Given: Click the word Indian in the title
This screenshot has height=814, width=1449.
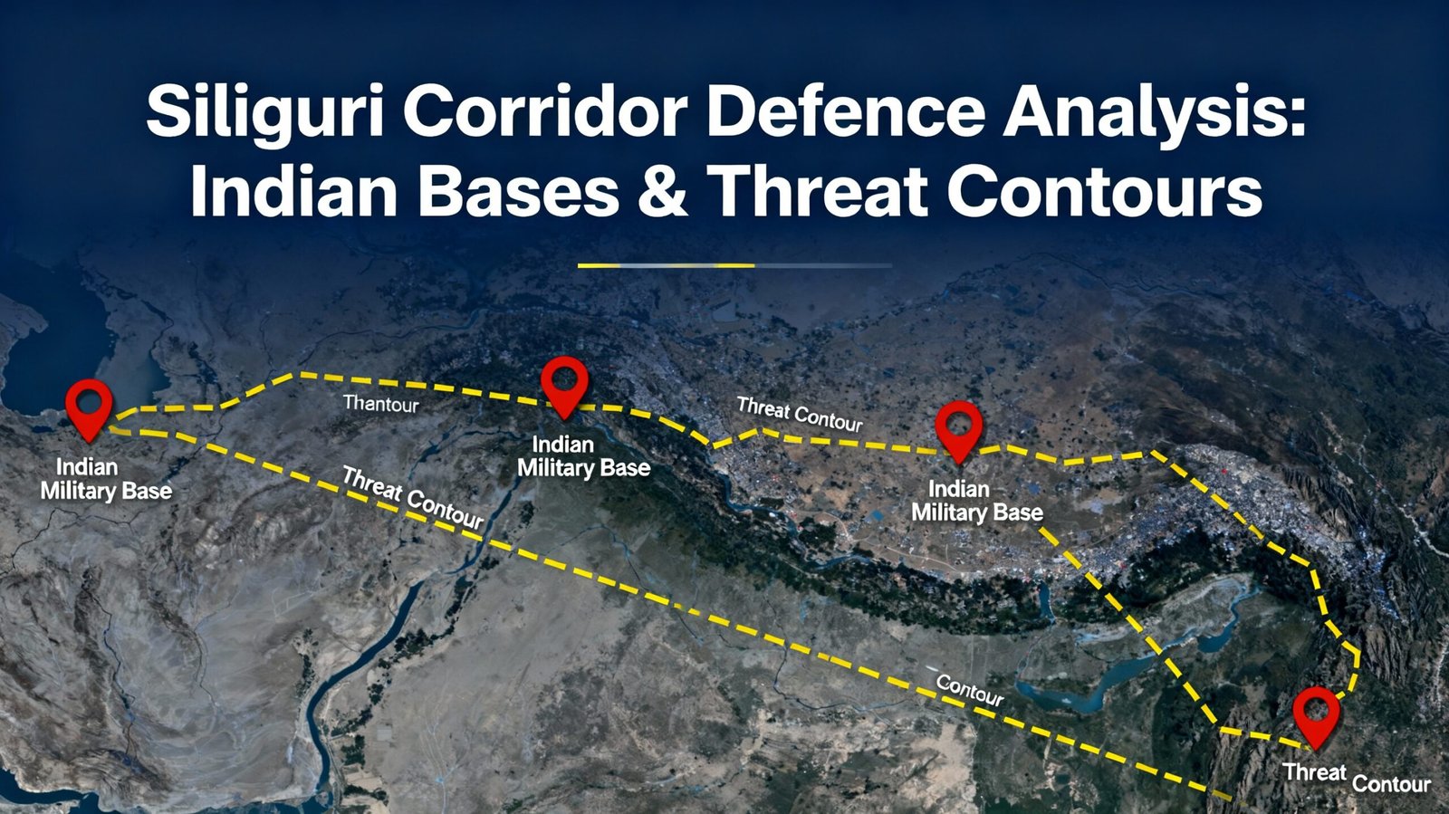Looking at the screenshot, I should click(x=294, y=192).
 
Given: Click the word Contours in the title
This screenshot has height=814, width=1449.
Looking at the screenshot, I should click(x=1104, y=192).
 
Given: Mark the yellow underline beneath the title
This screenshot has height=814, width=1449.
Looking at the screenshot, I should click(x=666, y=265).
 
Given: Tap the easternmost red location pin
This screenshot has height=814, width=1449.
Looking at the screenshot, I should click(x=1316, y=714).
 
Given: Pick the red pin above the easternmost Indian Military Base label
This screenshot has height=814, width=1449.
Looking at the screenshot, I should click(x=958, y=430).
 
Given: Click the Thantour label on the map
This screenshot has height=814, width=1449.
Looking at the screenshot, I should click(x=380, y=404).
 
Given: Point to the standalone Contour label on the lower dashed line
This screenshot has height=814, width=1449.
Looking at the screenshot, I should click(x=969, y=690).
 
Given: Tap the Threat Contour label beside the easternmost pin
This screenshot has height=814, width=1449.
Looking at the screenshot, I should click(x=1357, y=778).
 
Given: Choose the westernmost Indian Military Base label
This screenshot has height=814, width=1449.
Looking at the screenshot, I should click(x=105, y=479).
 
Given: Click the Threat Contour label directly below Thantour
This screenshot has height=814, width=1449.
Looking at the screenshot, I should click(x=412, y=498).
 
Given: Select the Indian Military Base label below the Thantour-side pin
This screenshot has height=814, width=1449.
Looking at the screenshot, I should click(x=583, y=456).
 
